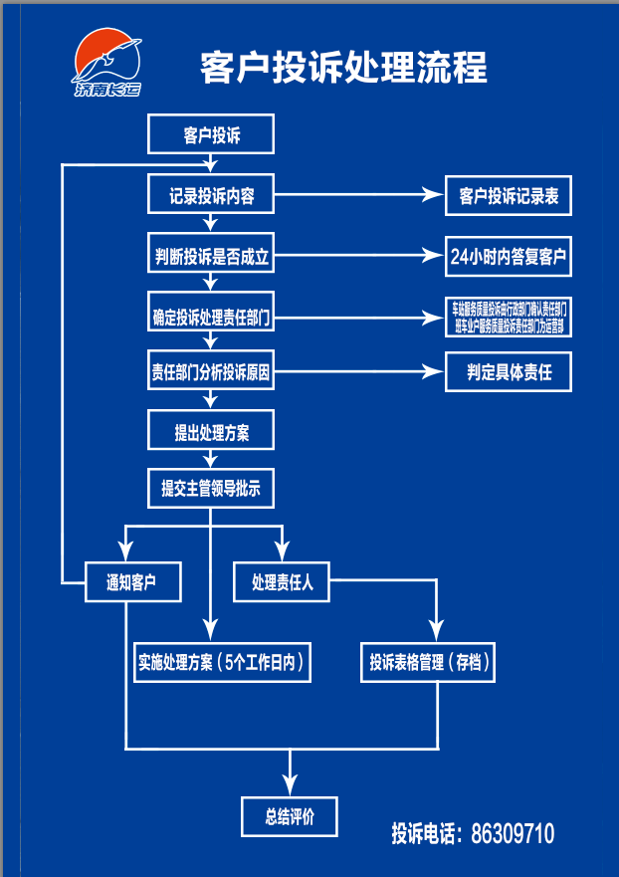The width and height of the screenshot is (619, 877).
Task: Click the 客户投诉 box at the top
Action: (211, 135)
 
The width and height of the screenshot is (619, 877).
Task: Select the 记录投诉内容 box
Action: (211, 196)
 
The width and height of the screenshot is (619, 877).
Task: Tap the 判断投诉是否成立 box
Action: (211, 256)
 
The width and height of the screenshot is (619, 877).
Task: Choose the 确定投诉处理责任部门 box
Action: (211, 319)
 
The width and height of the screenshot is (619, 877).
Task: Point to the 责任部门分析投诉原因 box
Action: (211, 373)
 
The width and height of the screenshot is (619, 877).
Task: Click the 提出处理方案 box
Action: (211, 432)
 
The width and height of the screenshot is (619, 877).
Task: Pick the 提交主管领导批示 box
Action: (211, 489)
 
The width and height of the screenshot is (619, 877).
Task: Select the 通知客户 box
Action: (131, 582)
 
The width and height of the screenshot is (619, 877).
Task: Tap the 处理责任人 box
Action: (282, 582)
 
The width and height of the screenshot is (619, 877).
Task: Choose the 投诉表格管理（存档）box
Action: (428, 661)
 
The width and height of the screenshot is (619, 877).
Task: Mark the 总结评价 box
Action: (290, 816)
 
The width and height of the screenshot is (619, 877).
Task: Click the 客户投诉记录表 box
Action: (509, 196)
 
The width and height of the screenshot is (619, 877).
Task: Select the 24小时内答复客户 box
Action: (509, 256)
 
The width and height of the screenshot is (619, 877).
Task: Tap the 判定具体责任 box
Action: (509, 373)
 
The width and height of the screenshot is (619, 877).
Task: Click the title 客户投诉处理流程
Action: (343, 68)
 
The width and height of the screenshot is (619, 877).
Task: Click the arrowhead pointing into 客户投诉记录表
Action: (434, 196)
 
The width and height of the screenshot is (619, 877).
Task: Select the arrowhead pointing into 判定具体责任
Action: (434, 373)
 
